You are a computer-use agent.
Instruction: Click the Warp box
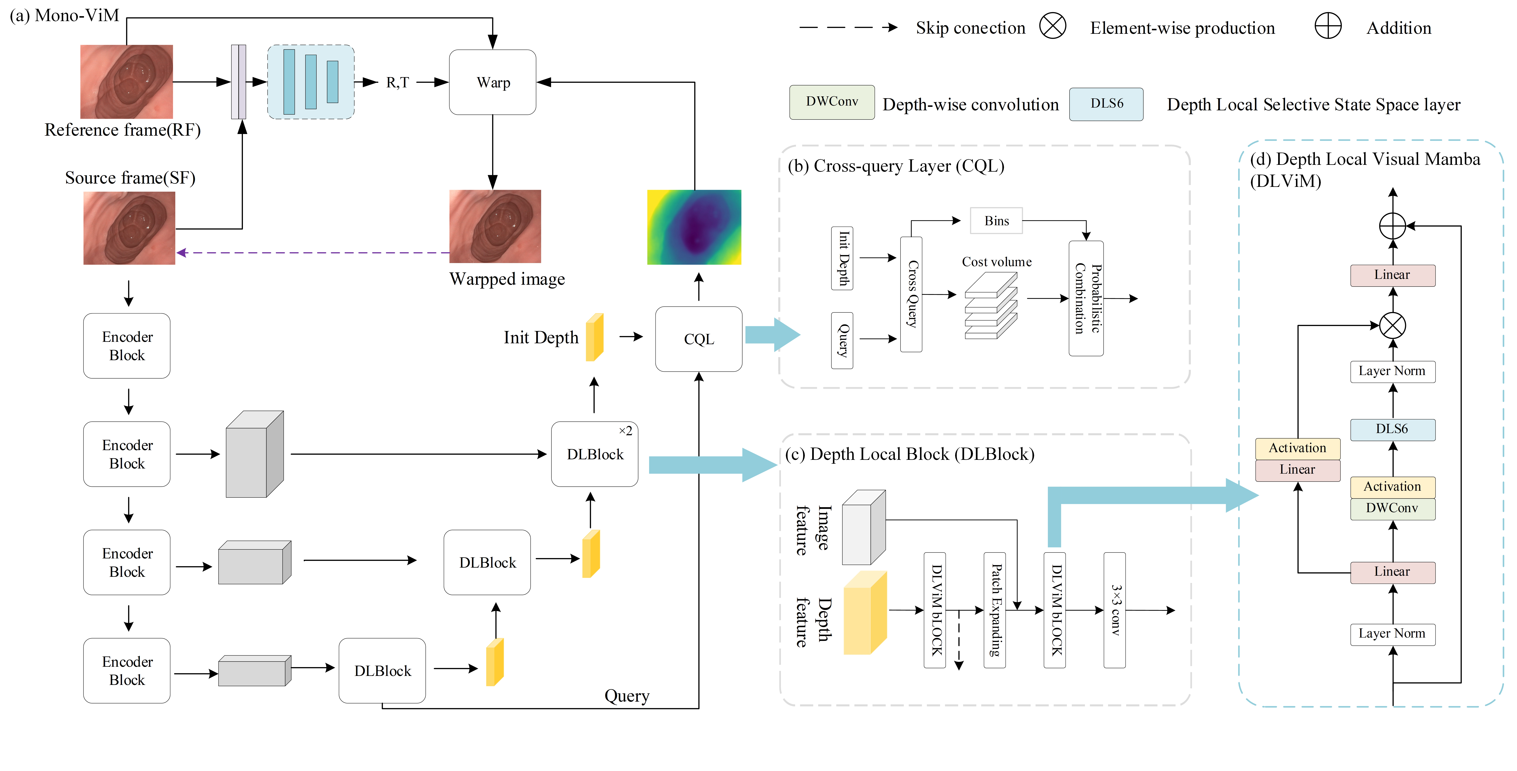pos(492,82)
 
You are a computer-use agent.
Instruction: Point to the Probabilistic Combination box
pos(1086,298)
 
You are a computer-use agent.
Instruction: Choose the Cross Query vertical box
pos(911,294)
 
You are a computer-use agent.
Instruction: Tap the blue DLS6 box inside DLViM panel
pos(1392,429)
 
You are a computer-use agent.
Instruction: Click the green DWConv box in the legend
pos(831,102)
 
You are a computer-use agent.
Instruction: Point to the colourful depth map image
pos(694,227)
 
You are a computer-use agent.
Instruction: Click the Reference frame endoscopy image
pos(127,82)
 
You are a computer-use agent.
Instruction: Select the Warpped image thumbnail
pos(495,226)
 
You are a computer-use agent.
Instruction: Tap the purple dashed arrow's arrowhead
pos(181,253)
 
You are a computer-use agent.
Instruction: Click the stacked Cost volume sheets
pos(991,306)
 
